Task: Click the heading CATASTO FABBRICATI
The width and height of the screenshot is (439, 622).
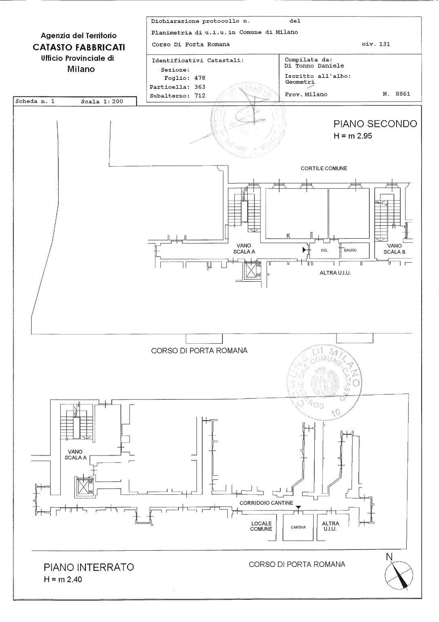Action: coord(78,47)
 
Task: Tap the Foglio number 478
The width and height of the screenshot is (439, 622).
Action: coord(199,78)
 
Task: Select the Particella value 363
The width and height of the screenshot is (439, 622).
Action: coord(199,87)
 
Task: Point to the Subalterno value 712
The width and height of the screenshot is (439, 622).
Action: coord(199,96)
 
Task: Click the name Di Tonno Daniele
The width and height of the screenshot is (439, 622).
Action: coord(314,66)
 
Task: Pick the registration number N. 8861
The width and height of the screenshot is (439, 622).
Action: coord(396,94)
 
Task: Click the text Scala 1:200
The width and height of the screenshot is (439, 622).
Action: coord(102,102)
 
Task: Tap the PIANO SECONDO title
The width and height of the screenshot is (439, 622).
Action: coord(375,124)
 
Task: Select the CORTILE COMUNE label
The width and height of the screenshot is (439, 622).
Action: coord(324,169)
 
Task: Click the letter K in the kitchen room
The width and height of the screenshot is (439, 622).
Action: coord(288,235)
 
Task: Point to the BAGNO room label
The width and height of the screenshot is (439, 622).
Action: coord(350,250)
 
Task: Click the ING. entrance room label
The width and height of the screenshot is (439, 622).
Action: coord(324,250)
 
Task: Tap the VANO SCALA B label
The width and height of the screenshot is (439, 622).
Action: coord(394,249)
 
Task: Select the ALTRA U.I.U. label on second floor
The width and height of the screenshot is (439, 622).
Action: coord(335,273)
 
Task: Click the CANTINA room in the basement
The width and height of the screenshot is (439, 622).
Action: coord(298,527)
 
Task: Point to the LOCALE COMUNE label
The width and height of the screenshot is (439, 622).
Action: coord(261,526)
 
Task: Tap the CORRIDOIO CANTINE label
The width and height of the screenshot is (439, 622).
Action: coord(266,503)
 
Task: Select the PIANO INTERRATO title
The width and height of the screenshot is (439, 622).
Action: coord(89,567)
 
